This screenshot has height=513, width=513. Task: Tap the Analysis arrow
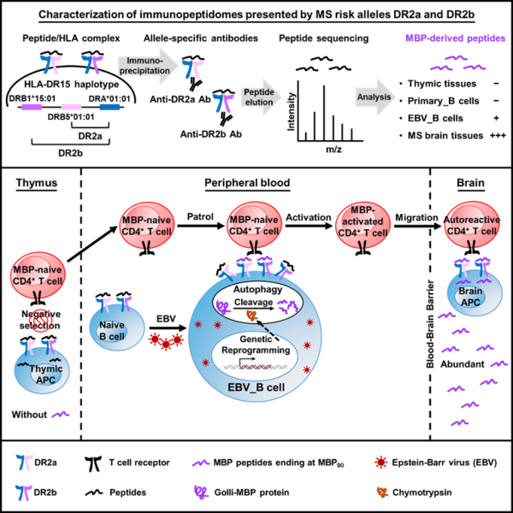375,97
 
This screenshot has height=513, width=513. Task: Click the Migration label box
416,217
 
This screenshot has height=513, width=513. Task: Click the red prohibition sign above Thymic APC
41,321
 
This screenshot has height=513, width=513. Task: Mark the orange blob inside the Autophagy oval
251,315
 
